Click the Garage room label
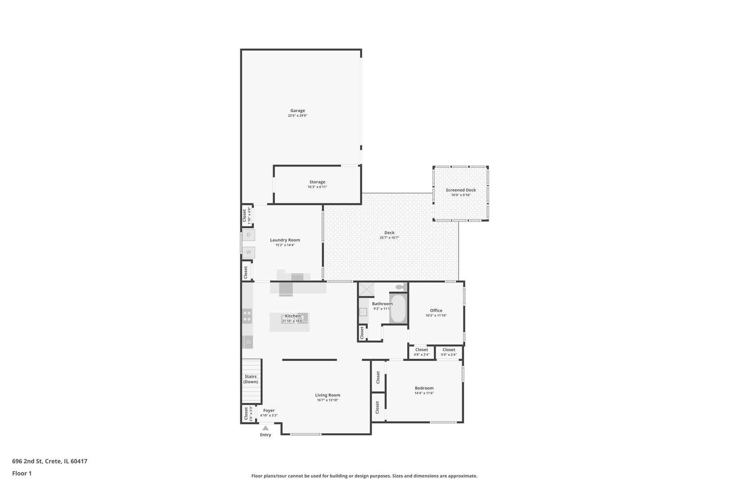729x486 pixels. click(x=297, y=111)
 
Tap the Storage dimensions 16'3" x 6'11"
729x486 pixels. click(x=317, y=187)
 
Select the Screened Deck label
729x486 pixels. click(x=461, y=190)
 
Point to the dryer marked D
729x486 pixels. click(x=249, y=235)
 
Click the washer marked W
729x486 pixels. click(x=249, y=252)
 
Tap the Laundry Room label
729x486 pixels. click(x=285, y=240)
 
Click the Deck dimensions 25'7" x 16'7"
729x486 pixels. click(x=389, y=238)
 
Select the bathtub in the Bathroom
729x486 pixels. click(x=398, y=308)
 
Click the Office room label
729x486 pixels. click(x=436, y=310)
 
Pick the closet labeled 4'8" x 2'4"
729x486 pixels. click(x=422, y=352)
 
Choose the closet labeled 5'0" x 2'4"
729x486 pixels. click(x=449, y=352)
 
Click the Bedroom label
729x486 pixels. click(x=424, y=388)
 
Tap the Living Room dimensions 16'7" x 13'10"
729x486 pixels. click(x=328, y=400)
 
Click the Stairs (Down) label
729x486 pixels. click(x=251, y=379)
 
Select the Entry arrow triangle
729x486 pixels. click(x=265, y=428)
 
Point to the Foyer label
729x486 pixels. click(x=269, y=411)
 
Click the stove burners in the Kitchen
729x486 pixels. click(x=247, y=316)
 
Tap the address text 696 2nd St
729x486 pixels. click(x=27, y=461)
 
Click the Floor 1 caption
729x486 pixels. click(x=22, y=474)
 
